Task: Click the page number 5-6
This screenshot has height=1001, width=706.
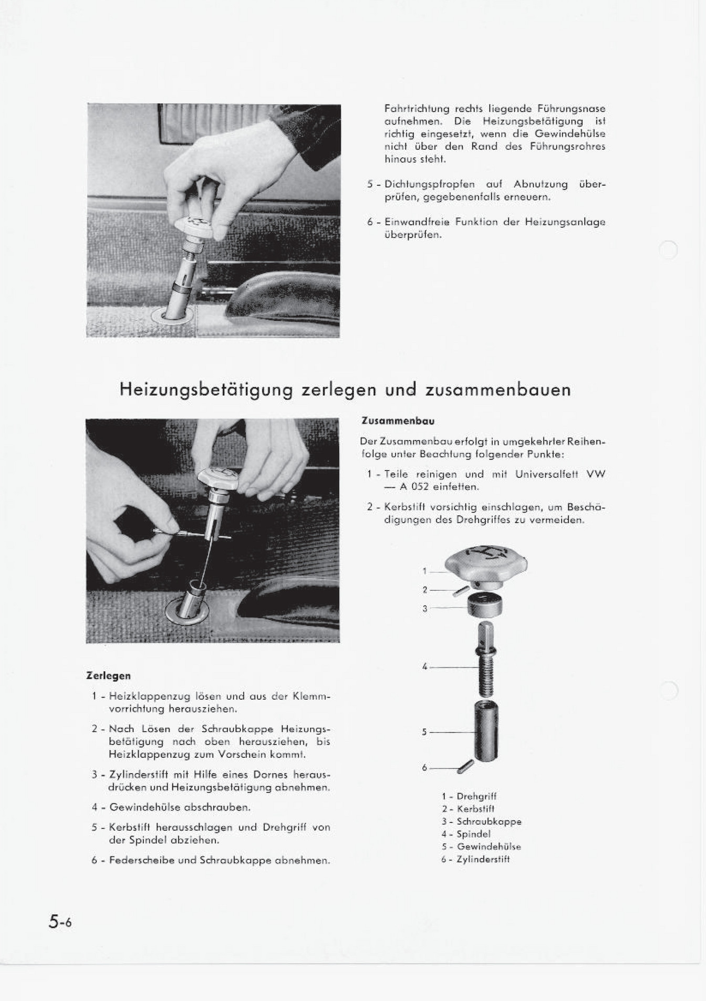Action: coord(60,922)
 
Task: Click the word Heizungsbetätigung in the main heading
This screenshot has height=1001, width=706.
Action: coord(206,390)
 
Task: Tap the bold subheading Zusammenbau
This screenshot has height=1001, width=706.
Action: coord(398,421)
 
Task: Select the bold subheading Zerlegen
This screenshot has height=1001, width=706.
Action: coord(108,676)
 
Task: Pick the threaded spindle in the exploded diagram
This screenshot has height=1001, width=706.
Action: coord(486,659)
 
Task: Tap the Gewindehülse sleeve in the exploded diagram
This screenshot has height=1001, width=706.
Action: coord(486,730)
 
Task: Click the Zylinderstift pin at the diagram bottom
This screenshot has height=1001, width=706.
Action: coord(465,767)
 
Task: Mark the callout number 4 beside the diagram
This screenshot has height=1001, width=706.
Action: coord(424,667)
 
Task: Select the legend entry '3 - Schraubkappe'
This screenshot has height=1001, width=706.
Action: coord(481,821)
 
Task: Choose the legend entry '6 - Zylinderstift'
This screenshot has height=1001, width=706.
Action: coord(475,859)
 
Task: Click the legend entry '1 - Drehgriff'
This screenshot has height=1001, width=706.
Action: coord(469,796)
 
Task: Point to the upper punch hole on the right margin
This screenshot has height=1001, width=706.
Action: coord(668,250)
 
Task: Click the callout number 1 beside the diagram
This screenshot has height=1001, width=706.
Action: coord(424,571)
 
